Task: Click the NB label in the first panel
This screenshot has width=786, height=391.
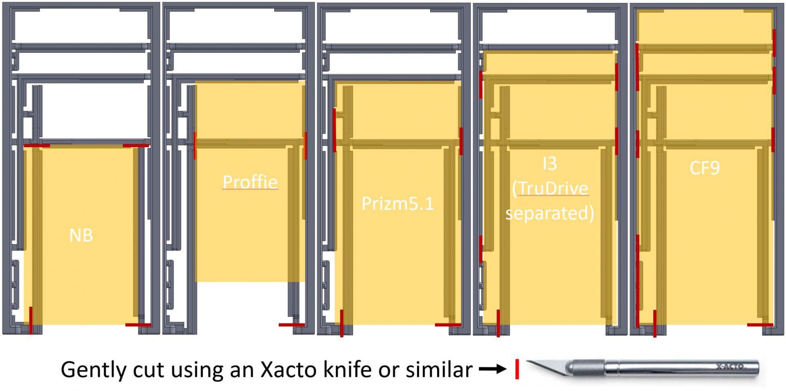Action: tap(81, 236)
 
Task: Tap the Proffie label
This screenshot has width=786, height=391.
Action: tap(250, 182)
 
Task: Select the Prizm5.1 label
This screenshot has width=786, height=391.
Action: tap(398, 203)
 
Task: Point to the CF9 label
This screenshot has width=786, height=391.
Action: tap(705, 168)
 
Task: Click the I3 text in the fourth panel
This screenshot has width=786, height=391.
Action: tap(549, 164)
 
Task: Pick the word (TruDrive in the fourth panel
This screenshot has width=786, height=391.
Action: tap(550, 189)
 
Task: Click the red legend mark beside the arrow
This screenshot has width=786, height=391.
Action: tap(517, 369)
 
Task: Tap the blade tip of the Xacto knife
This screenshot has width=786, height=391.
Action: tap(529, 362)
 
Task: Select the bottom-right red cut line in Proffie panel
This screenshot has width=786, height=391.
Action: tap(291, 325)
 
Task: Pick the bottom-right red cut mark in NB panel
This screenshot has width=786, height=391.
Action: tap(138, 325)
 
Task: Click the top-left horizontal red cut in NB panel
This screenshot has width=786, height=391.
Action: tap(37, 146)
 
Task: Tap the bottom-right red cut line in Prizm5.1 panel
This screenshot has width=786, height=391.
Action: tap(447, 325)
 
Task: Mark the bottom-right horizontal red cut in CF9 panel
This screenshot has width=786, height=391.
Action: tap(760, 325)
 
